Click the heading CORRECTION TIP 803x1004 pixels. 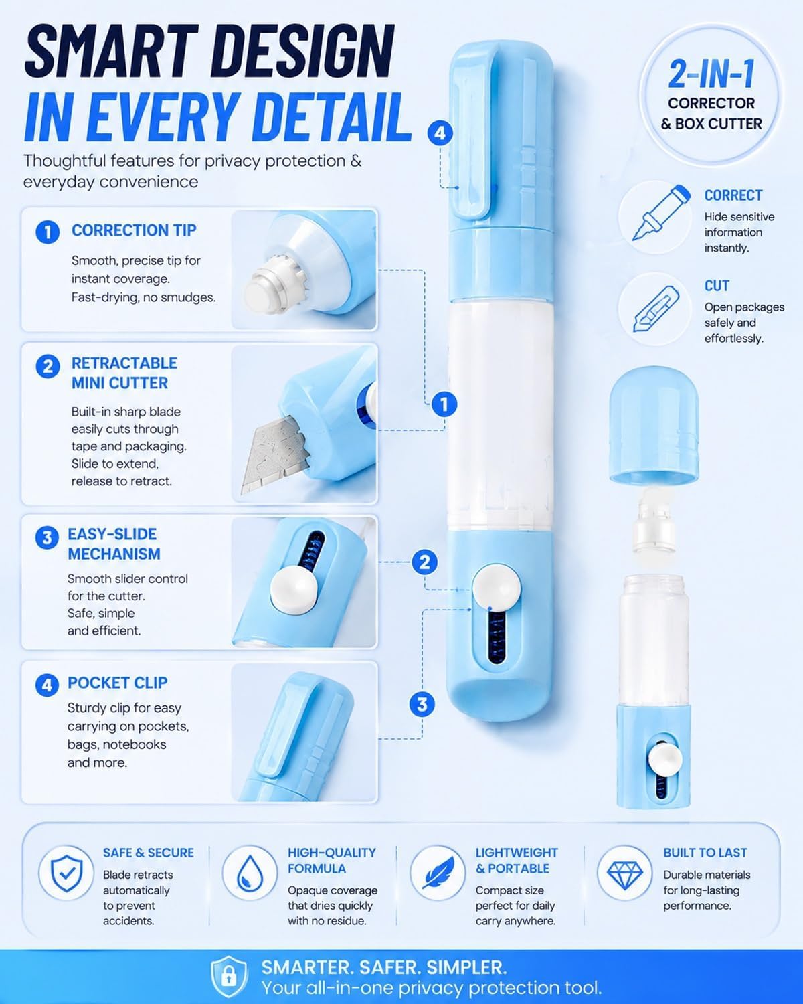point(134,230)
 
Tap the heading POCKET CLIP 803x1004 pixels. point(118,683)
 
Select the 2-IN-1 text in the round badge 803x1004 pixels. point(711,74)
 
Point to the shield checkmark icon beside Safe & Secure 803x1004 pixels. point(67,873)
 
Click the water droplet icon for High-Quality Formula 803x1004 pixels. point(250,873)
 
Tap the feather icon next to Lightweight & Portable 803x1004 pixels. point(438,872)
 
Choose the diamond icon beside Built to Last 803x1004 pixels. point(625,872)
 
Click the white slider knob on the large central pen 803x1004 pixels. point(496,588)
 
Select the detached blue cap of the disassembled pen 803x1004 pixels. point(654,426)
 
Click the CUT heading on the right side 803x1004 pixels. point(716,286)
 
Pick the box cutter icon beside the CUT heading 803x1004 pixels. point(654,309)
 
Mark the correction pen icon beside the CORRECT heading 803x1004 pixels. point(660,213)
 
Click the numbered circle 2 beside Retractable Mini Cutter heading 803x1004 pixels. point(48,366)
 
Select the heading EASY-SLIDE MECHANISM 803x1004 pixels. point(114,543)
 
